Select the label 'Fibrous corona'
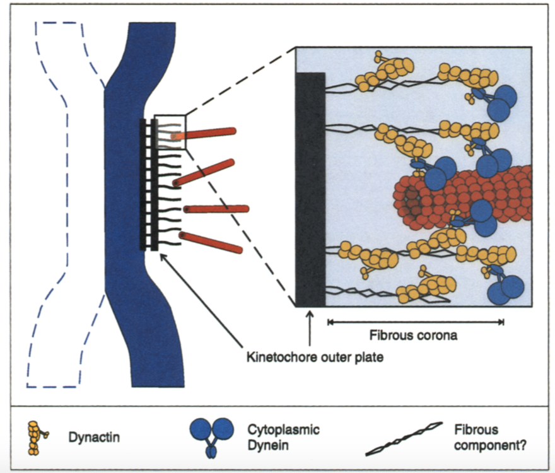click(x=416, y=336)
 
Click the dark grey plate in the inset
click(x=310, y=189)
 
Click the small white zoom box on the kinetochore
click(x=170, y=132)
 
